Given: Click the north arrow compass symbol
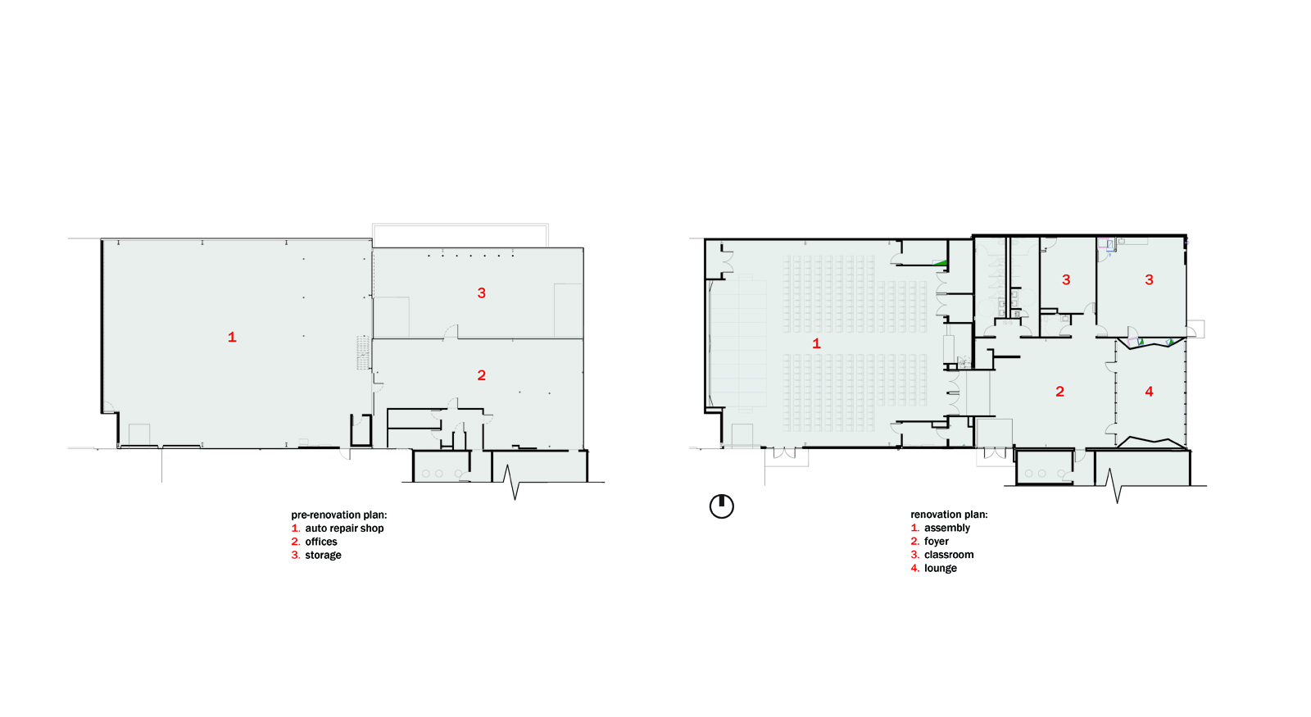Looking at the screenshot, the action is tap(722, 506).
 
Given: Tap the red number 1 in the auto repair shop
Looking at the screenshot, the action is tap(232, 337).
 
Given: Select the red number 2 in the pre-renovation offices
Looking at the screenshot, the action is tap(481, 375).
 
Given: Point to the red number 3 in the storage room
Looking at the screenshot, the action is tap(481, 293).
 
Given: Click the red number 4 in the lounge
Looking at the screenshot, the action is tap(1149, 392).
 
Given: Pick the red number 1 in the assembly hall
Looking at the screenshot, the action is tap(816, 343).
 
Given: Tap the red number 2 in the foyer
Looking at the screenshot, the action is tap(1059, 392).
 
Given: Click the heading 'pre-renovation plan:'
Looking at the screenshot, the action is tap(339, 515).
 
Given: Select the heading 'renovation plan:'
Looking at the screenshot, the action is tap(949, 515).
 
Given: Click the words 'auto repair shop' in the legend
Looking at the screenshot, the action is tap(344, 528).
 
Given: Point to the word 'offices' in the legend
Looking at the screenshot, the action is tap(320, 542).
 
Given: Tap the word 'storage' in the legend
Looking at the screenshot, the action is tap(323, 555).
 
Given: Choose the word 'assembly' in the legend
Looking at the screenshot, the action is tap(947, 528).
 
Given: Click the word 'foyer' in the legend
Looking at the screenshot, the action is tap(937, 542).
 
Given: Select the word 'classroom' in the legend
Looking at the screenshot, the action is tap(949, 554).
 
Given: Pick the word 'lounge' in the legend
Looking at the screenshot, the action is tap(941, 568).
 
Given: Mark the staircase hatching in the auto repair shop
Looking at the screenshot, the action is tap(364, 352).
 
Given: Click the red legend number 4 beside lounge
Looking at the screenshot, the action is tap(914, 568).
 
